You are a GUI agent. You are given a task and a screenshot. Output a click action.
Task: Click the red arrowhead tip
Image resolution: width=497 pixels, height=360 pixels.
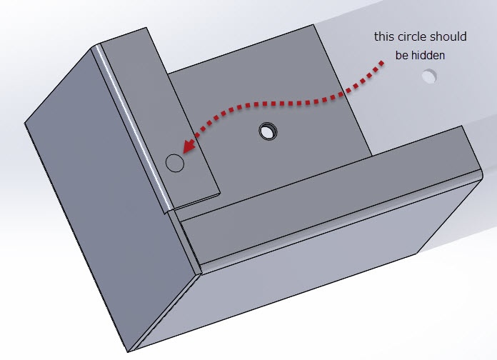(x=184, y=153)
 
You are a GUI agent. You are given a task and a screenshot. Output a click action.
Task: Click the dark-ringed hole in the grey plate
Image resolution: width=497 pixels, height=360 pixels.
(x=268, y=131)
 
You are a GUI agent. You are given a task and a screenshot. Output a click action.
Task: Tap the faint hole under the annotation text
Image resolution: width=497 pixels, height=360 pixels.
(x=429, y=76)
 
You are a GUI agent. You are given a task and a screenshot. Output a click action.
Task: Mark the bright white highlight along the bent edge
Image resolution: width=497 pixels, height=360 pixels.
(x=133, y=127)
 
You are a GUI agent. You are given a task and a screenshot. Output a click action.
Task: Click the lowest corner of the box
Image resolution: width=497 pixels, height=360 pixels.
(x=128, y=351)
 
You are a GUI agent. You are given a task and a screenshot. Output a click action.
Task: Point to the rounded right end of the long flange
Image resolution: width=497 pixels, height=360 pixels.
(x=481, y=174)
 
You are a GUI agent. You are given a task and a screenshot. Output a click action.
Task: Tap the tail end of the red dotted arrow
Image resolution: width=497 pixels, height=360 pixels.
(x=382, y=63)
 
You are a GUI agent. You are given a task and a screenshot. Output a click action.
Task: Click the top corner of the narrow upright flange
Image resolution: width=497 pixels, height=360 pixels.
(x=146, y=28)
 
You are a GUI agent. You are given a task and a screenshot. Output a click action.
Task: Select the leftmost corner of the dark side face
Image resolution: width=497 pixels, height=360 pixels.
(x=24, y=123)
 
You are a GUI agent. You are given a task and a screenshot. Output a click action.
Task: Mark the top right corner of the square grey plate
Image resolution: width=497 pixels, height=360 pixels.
(x=313, y=25)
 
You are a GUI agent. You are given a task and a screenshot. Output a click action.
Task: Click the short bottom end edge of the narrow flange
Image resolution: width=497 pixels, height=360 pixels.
(x=196, y=201)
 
